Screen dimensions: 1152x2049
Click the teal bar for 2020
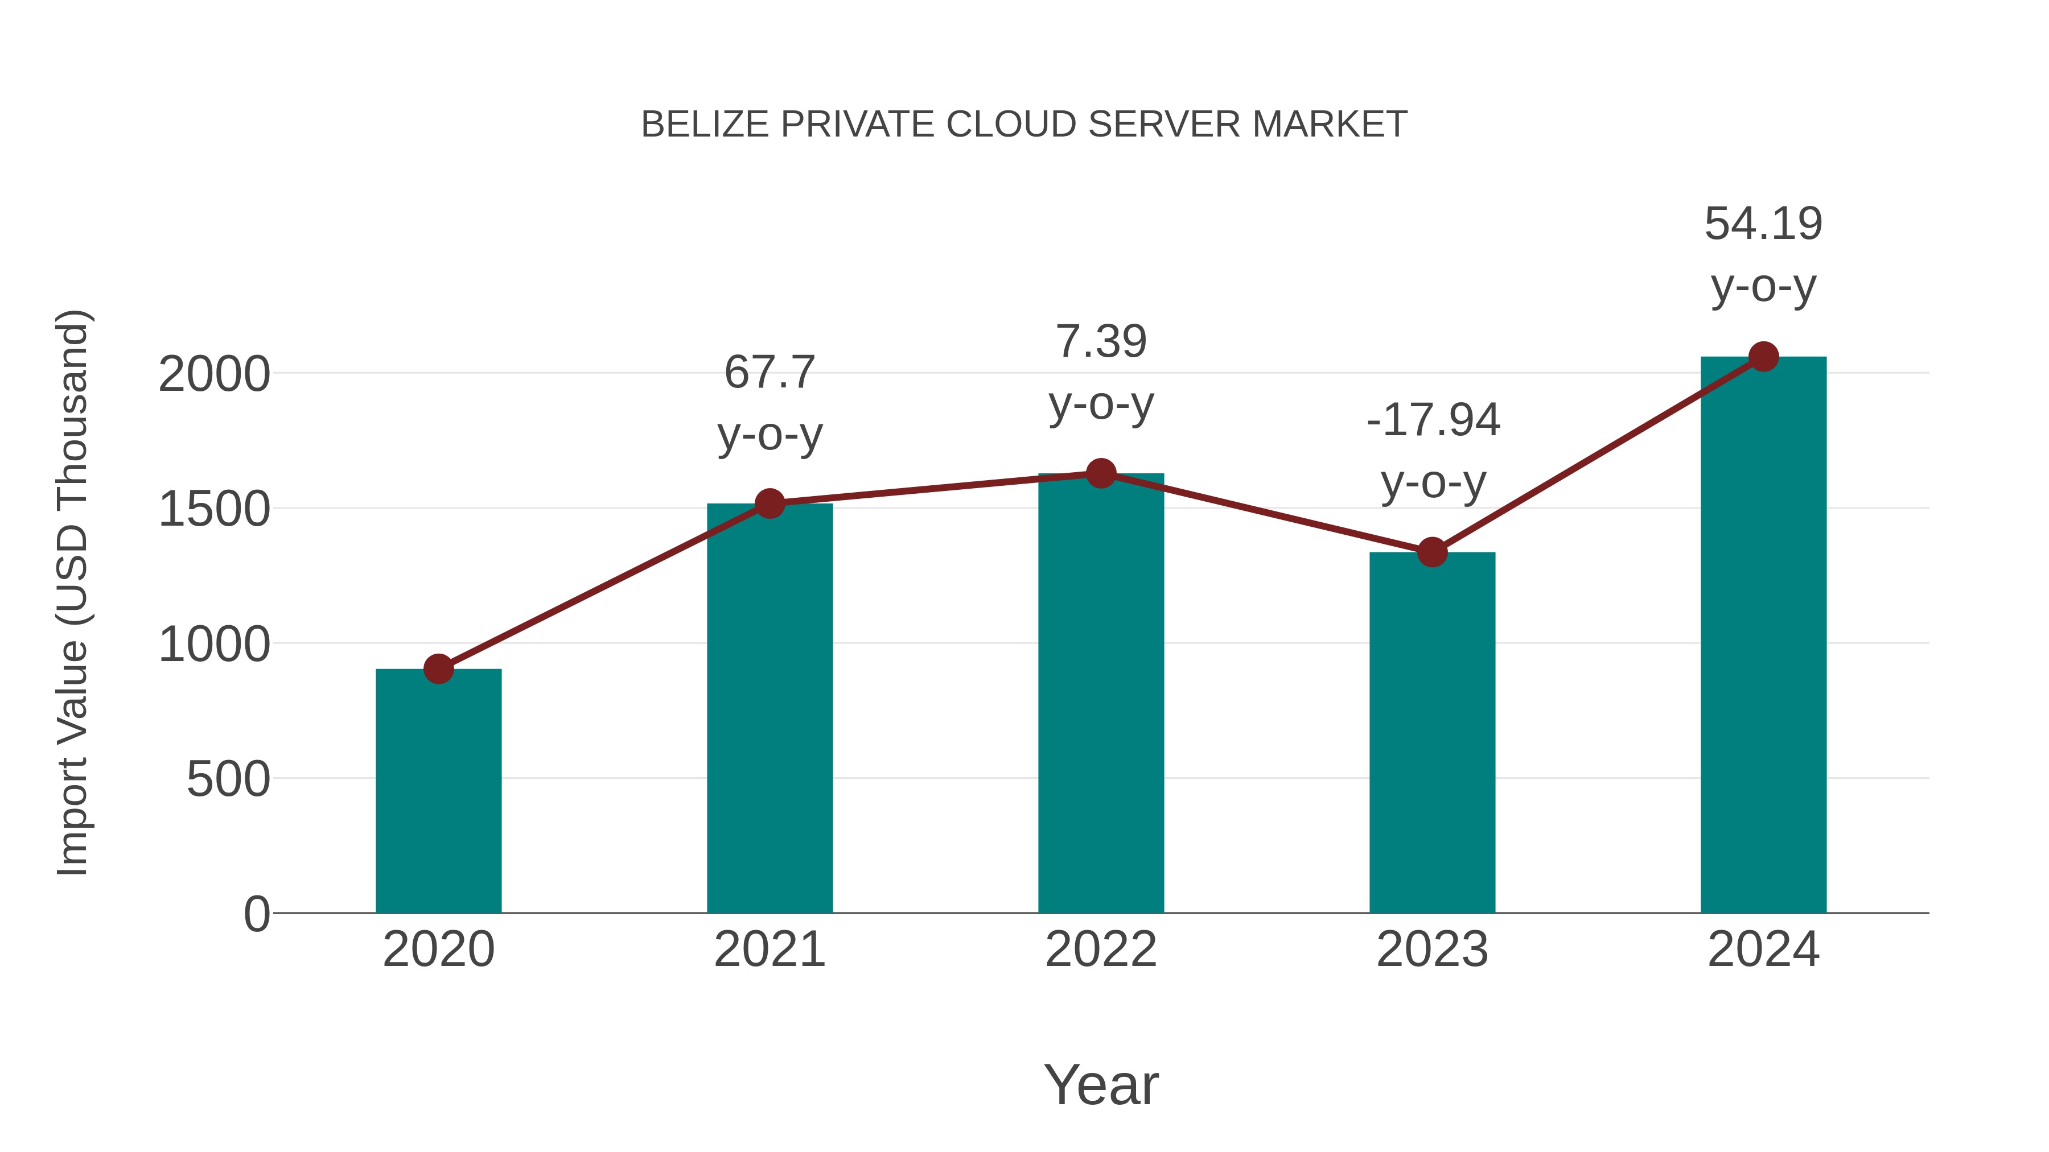click(438, 791)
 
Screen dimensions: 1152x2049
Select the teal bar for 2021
click(769, 708)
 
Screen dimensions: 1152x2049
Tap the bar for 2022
click(1101, 692)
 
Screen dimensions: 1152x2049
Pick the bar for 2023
click(1432, 732)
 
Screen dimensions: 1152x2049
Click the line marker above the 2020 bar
click(438, 668)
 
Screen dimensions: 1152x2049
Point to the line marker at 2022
click(1101, 473)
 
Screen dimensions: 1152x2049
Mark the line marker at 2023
click(1432, 552)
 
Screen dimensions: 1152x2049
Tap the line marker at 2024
click(1763, 357)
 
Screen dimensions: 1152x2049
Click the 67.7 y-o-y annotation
click(769, 403)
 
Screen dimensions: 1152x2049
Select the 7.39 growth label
click(1101, 373)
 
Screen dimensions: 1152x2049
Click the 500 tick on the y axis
click(228, 779)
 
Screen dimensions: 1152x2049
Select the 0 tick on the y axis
click(256, 914)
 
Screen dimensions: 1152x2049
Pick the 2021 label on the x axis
click(769, 949)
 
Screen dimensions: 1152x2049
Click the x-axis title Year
click(1101, 1084)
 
